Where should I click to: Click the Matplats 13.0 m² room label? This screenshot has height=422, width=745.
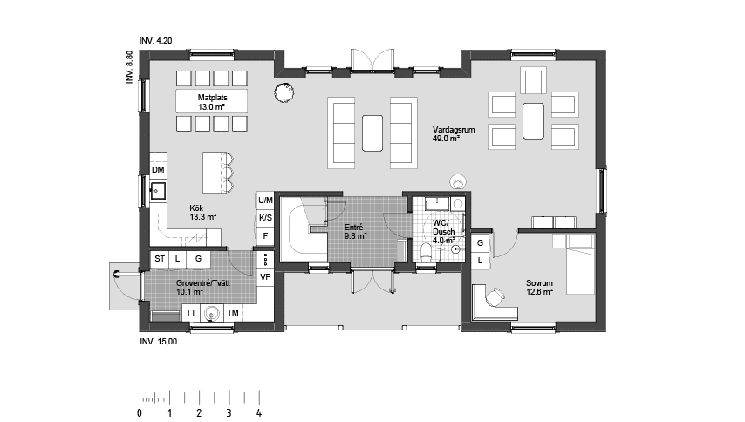point(211,101)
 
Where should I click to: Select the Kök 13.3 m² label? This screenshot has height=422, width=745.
point(202,212)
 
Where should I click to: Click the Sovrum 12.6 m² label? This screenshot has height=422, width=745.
point(540,288)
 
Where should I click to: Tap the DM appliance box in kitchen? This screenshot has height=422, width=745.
point(159,169)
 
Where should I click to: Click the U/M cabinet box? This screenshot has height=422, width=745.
point(265,201)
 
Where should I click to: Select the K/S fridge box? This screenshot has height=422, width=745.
point(265,218)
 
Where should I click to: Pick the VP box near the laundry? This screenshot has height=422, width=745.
point(265,276)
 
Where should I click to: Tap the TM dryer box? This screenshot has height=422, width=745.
point(232,312)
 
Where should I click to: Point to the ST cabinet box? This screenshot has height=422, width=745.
point(160,259)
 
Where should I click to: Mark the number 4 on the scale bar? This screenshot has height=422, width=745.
point(258,412)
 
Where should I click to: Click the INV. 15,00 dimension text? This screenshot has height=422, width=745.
point(158,342)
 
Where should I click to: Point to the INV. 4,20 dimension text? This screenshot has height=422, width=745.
point(155,41)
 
